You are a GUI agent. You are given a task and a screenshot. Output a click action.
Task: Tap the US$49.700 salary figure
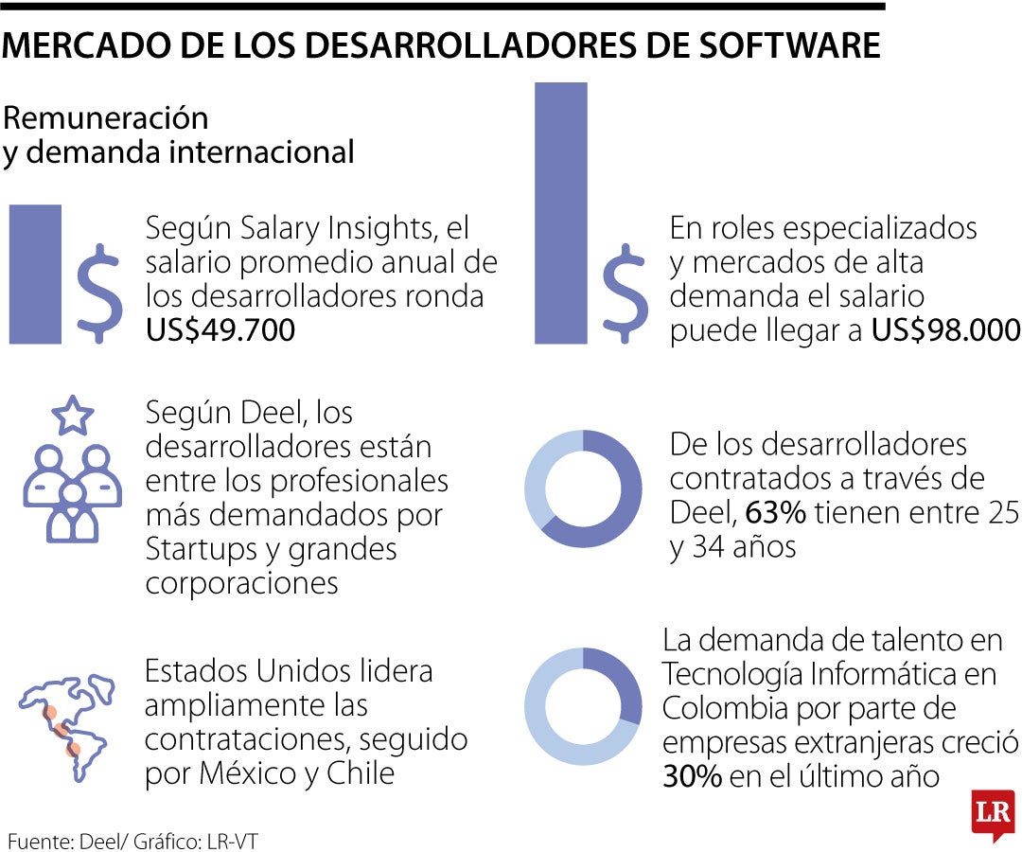tap(220, 330)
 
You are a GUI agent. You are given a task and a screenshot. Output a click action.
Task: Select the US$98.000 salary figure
tap(945, 330)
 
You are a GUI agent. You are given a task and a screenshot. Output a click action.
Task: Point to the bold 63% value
tap(775, 513)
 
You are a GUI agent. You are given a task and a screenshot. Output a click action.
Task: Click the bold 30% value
tap(693, 776)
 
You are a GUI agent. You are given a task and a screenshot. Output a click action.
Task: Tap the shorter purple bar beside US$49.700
tap(36, 274)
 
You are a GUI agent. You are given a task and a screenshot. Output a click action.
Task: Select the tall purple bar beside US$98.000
tap(560, 212)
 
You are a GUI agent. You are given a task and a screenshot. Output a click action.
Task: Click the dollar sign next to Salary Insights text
tap(98, 294)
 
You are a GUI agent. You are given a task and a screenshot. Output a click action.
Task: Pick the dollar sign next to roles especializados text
tap(625, 294)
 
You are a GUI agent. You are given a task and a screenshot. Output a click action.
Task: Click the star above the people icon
tap(73, 415)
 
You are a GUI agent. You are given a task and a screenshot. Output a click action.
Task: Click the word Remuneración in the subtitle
tap(105, 119)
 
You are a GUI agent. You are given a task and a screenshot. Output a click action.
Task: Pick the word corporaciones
tap(241, 582)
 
